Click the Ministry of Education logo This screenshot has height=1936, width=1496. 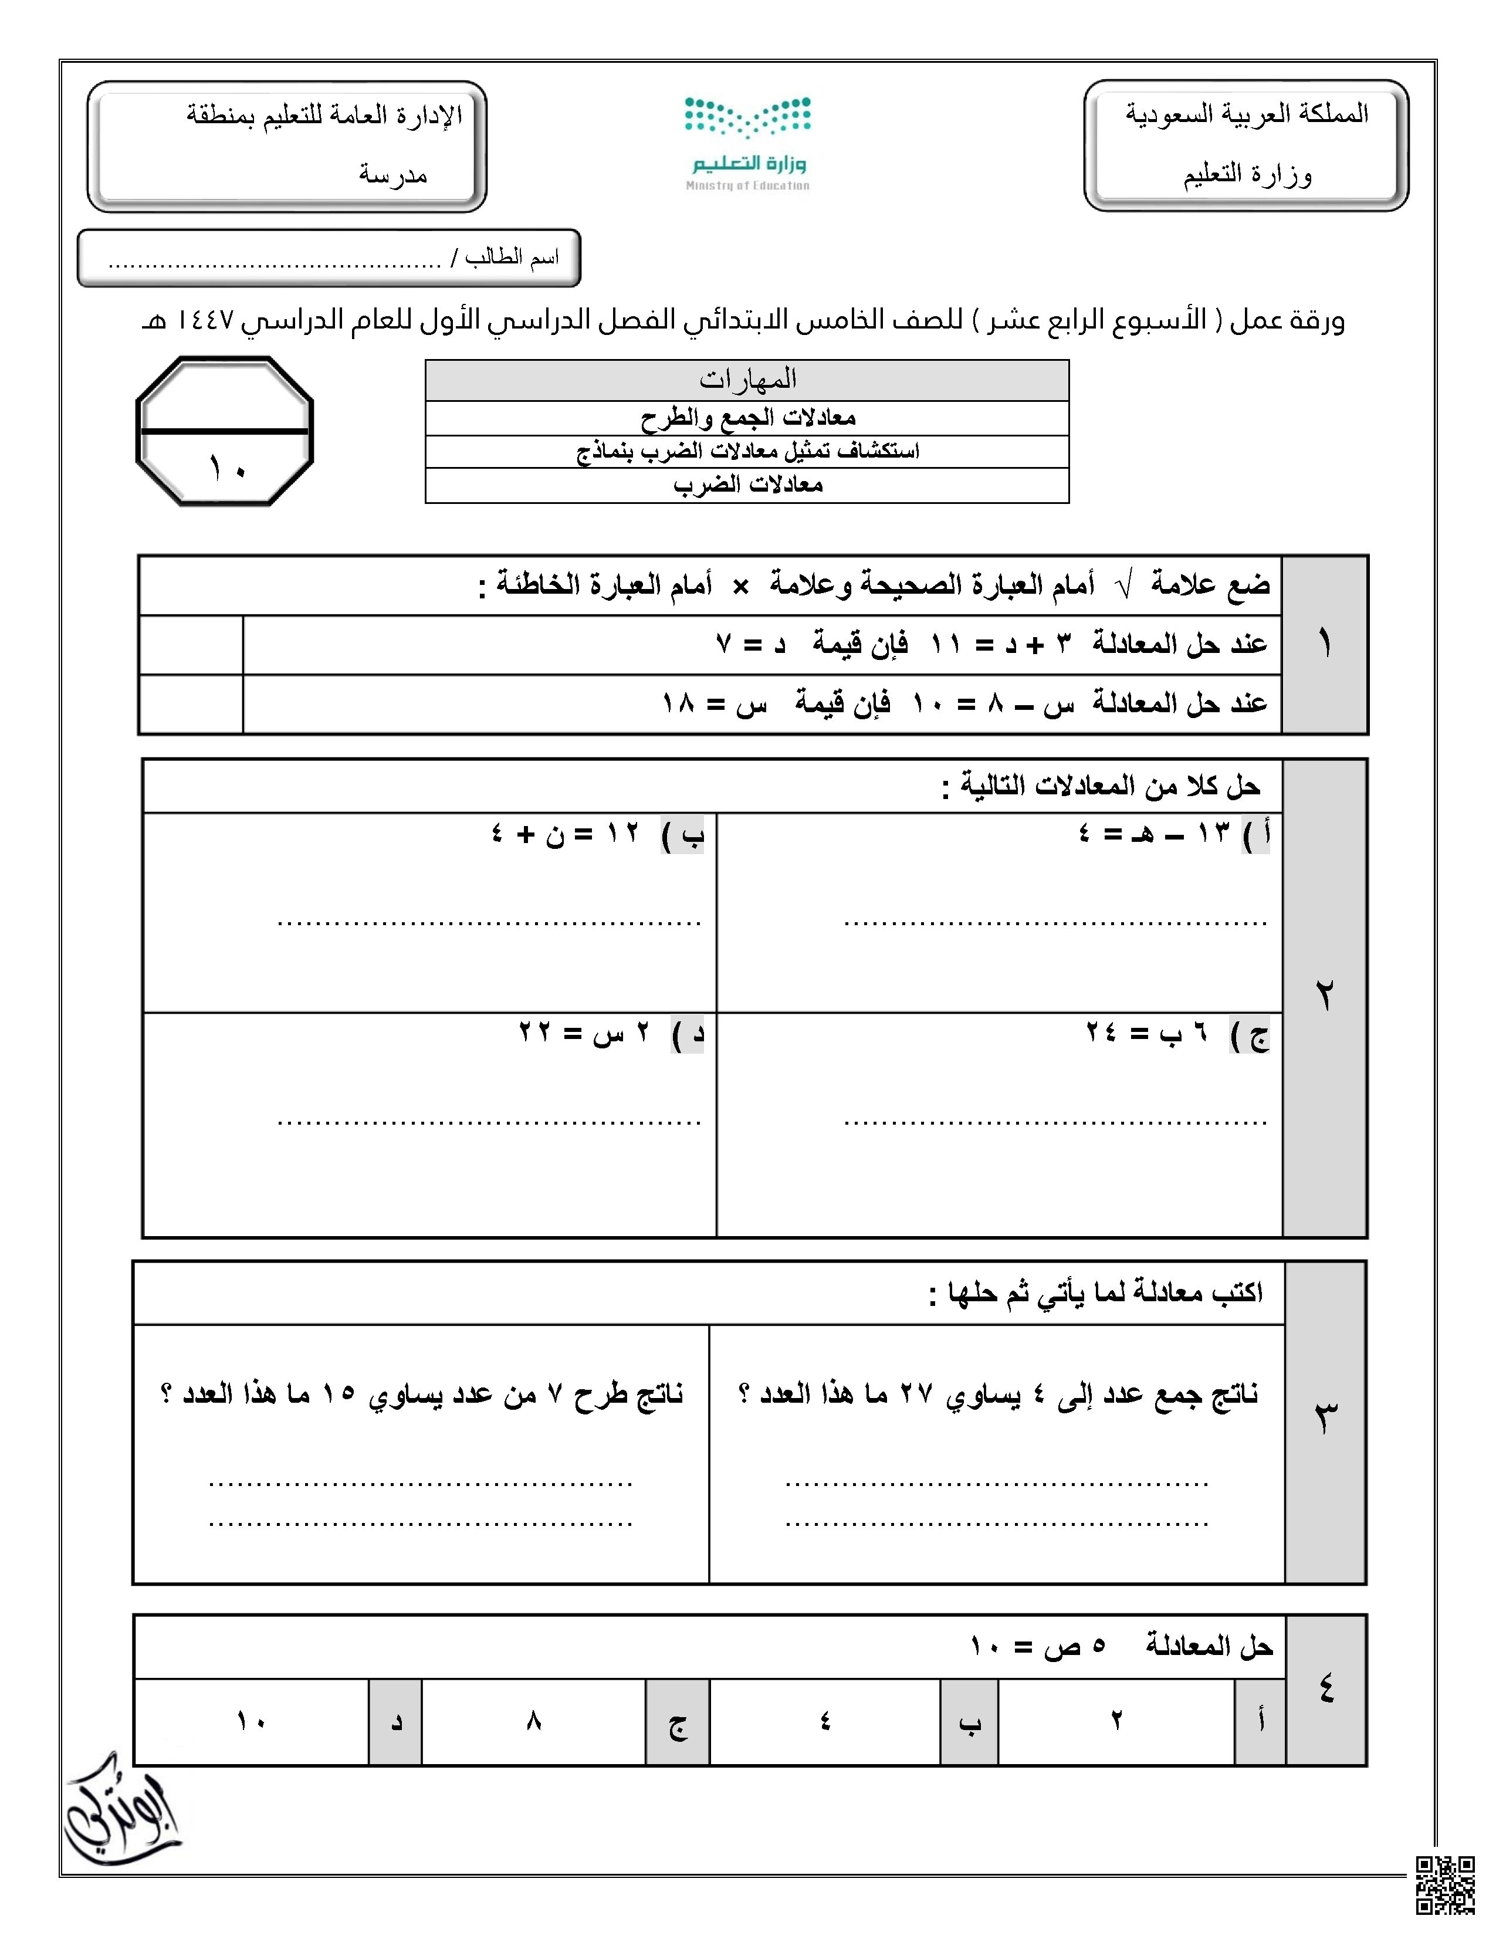747,144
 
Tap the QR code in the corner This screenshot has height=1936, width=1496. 1444,1884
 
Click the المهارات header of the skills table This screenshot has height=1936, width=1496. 747,380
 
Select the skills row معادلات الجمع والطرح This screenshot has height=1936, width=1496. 747,418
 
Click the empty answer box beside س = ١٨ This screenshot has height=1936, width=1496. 191,704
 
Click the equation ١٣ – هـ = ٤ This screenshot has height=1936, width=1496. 1152,833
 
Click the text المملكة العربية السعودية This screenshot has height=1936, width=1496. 1247,113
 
